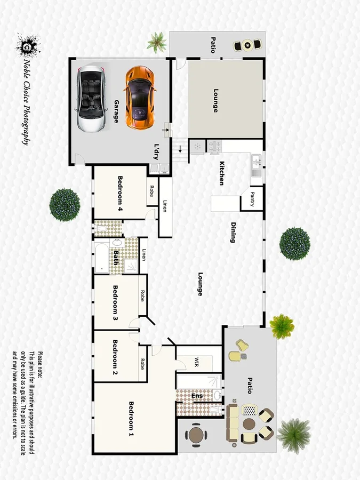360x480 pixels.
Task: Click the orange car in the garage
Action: coord(140,97)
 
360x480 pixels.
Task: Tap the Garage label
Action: coord(116,111)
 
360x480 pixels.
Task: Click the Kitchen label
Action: coord(221,173)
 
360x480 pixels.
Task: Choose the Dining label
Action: coord(233,232)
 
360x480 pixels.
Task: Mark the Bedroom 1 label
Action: coord(131,419)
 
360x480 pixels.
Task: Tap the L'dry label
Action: coord(157,150)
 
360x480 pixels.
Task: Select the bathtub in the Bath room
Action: coord(102,258)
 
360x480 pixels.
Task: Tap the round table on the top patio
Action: coord(247,45)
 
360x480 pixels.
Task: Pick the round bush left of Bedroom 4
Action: coord(65,204)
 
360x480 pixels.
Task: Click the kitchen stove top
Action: coord(217,145)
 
